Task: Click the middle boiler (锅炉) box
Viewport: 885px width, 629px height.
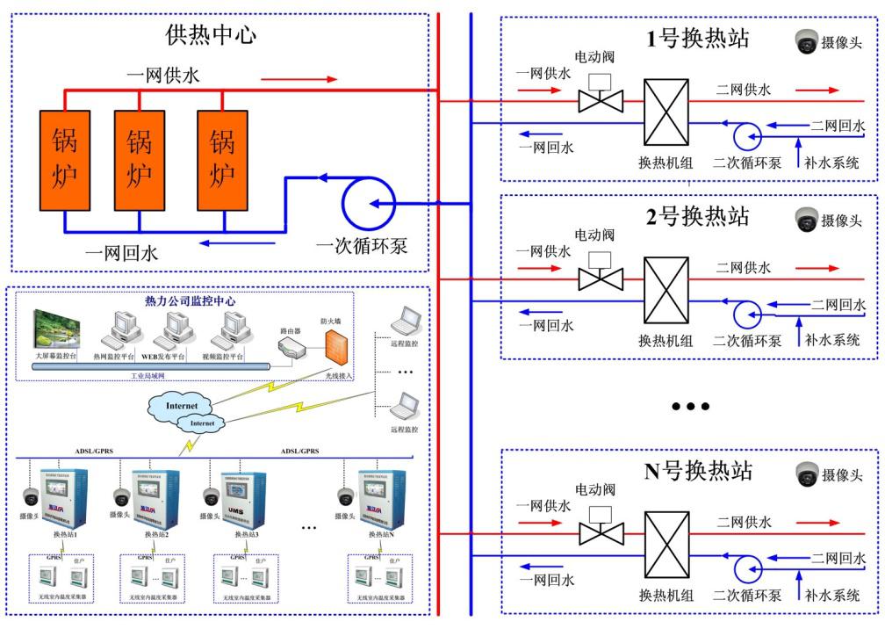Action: pos(140,161)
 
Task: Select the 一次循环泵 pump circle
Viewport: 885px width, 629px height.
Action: pos(362,205)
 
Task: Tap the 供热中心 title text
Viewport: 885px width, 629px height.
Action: pos(211,35)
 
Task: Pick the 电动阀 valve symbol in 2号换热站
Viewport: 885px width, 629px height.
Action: pos(601,278)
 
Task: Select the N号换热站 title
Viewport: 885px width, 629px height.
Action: pos(699,471)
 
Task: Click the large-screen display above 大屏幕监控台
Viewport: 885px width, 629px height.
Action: pos(58,329)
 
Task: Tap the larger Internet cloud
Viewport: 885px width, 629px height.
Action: pos(183,406)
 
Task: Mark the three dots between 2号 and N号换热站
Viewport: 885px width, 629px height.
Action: pos(689,407)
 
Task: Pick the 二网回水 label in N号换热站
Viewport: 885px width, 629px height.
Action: pos(838,558)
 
